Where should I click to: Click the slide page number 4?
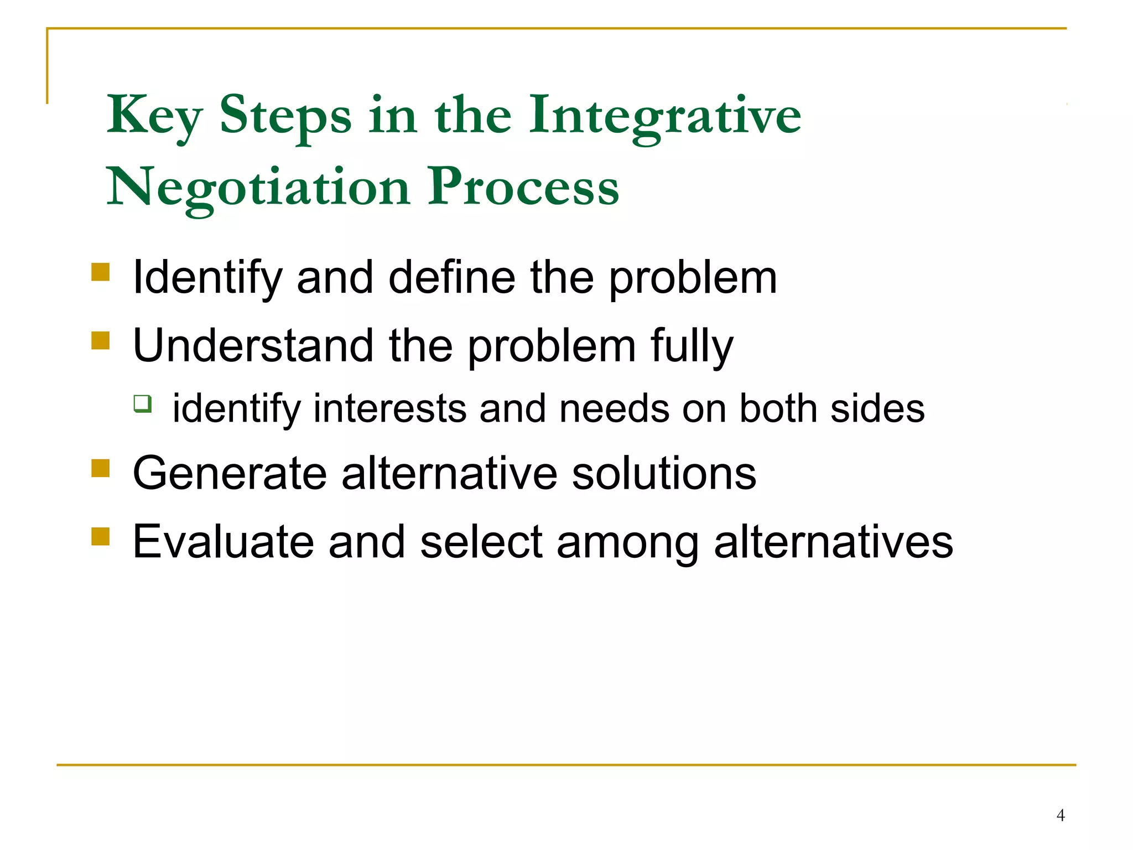1060,815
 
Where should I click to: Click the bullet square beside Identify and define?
101,272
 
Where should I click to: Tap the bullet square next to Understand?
101,340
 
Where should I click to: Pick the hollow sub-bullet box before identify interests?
142,403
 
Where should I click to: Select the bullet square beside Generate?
101,468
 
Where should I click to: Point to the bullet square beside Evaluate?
101,536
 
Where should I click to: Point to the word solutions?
663,474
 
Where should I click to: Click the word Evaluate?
224,542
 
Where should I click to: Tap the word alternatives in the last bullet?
833,542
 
